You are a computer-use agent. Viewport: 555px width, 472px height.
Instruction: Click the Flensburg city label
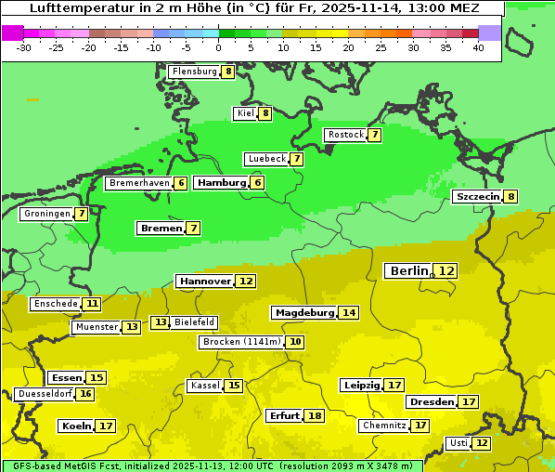click(x=194, y=72)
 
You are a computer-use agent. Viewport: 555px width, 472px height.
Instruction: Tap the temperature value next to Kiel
click(x=265, y=114)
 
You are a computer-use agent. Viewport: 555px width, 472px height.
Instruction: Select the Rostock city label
click(x=345, y=135)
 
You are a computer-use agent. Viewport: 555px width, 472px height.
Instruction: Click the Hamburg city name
click(x=221, y=183)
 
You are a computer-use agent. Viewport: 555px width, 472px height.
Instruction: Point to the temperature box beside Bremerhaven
click(x=180, y=184)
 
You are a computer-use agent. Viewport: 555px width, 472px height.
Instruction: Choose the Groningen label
click(x=46, y=214)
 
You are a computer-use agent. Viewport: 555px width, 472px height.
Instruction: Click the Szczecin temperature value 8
click(x=510, y=197)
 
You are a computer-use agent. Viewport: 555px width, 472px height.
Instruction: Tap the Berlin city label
click(x=409, y=270)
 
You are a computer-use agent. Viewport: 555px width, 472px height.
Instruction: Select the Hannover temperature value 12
click(x=245, y=281)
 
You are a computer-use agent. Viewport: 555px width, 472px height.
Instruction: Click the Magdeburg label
click(x=303, y=313)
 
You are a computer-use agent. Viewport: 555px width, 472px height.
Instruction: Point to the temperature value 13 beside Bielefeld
click(x=161, y=322)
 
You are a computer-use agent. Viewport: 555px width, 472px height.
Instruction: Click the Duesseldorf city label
click(x=45, y=394)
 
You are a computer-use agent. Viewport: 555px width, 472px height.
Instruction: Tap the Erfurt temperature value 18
click(x=315, y=416)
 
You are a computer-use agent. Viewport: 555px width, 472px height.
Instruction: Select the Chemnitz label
click(x=383, y=426)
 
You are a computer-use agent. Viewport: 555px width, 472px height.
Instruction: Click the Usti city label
click(x=458, y=443)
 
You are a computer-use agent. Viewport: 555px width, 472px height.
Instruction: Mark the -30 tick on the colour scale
click(x=24, y=46)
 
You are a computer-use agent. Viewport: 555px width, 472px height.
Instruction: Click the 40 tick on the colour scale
click(x=478, y=46)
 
